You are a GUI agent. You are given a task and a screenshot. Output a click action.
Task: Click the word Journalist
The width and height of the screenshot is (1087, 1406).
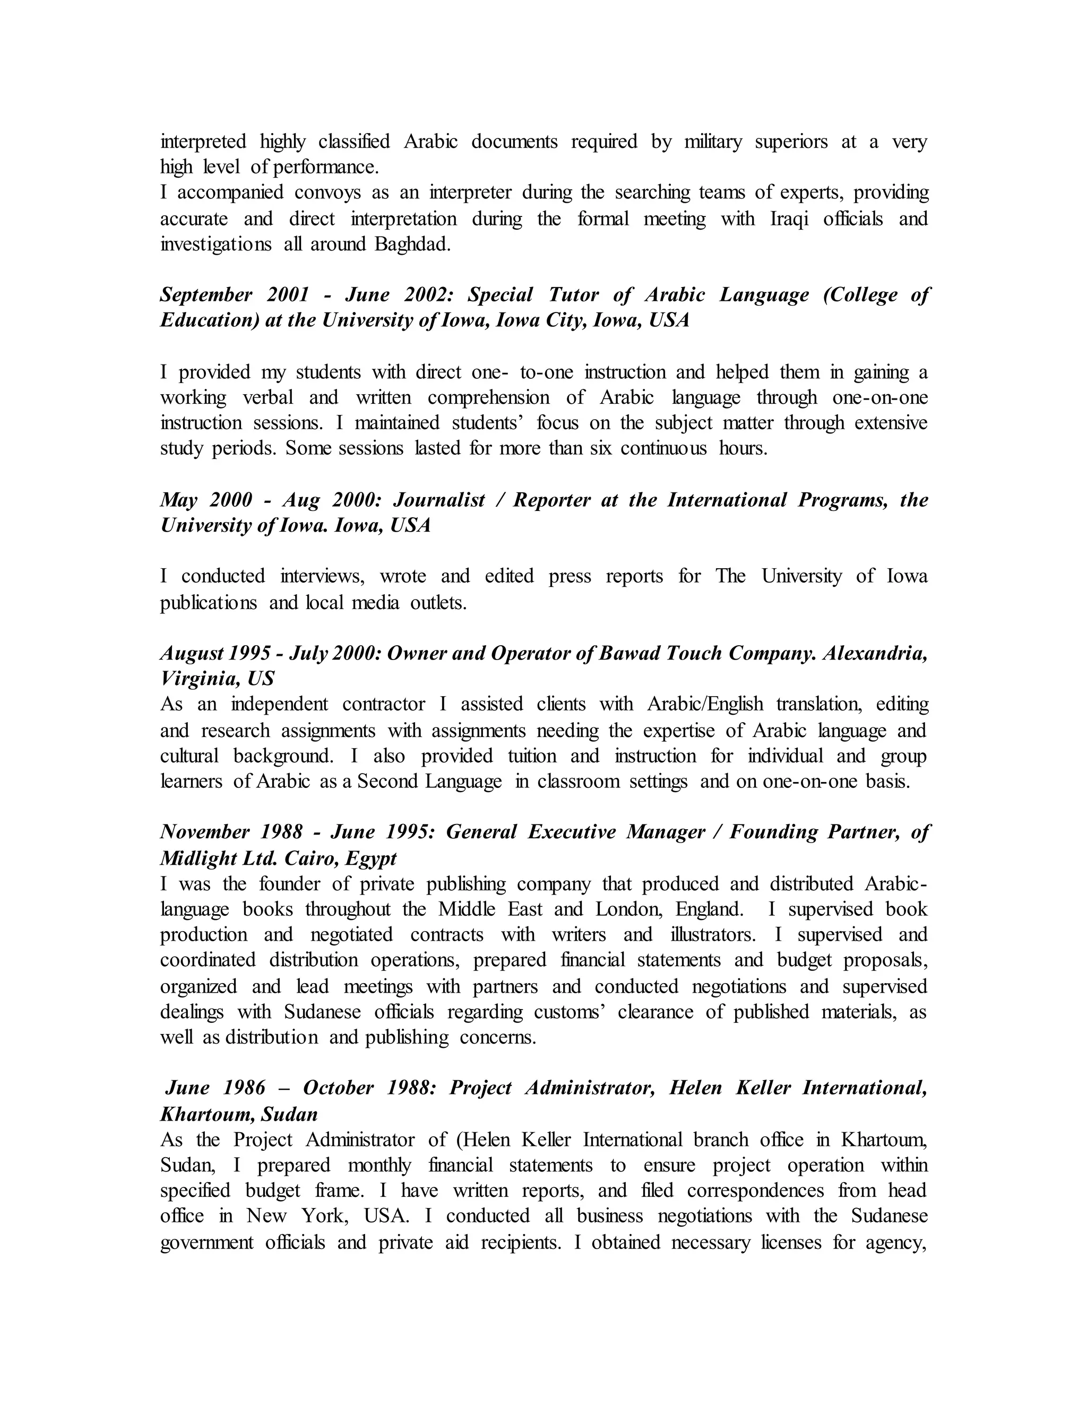(x=438, y=500)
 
